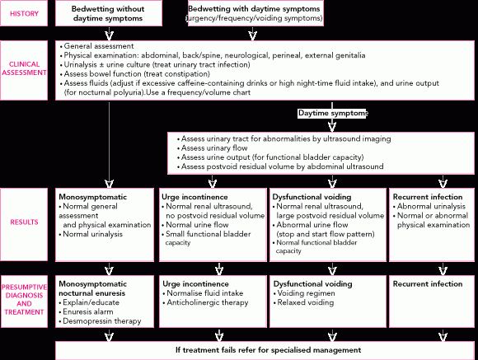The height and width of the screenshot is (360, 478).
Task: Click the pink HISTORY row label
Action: pyautogui.click(x=24, y=14)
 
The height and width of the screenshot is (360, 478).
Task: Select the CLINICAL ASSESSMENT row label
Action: pyautogui.click(x=24, y=68)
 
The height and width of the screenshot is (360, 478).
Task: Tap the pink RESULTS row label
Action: pyautogui.click(x=24, y=222)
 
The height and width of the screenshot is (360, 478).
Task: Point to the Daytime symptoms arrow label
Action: pyautogui.click(x=333, y=113)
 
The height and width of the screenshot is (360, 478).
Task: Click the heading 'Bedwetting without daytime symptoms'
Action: pyautogui.click(x=108, y=13)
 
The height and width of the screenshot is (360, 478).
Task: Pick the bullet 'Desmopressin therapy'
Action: pyautogui.click(x=100, y=321)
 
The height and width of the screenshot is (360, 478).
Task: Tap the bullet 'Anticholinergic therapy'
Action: pyautogui.click(x=205, y=302)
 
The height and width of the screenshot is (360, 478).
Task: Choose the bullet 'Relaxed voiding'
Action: pyautogui.click(x=303, y=302)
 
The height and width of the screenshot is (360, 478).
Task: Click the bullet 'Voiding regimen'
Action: pyautogui.click(x=304, y=293)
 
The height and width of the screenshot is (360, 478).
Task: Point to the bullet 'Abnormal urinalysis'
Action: pyautogui.click(x=429, y=207)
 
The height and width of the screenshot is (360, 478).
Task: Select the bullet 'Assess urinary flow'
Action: pyautogui.click(x=213, y=147)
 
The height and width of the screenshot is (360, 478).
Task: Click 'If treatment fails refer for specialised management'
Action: pyautogui.click(x=269, y=350)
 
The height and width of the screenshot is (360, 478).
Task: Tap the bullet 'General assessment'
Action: pyautogui.click(x=97, y=46)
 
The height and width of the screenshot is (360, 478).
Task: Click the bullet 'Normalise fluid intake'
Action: pyautogui.click(x=203, y=293)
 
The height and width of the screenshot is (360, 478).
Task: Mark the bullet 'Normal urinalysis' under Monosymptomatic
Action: pyautogui.click(x=91, y=234)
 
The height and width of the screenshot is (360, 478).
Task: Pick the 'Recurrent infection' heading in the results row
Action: pyautogui.click(x=428, y=197)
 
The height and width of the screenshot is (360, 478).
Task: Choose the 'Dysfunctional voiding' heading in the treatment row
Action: pyautogui.click(x=313, y=283)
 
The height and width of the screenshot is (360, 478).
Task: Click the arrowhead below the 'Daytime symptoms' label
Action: pyautogui.click(x=332, y=127)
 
